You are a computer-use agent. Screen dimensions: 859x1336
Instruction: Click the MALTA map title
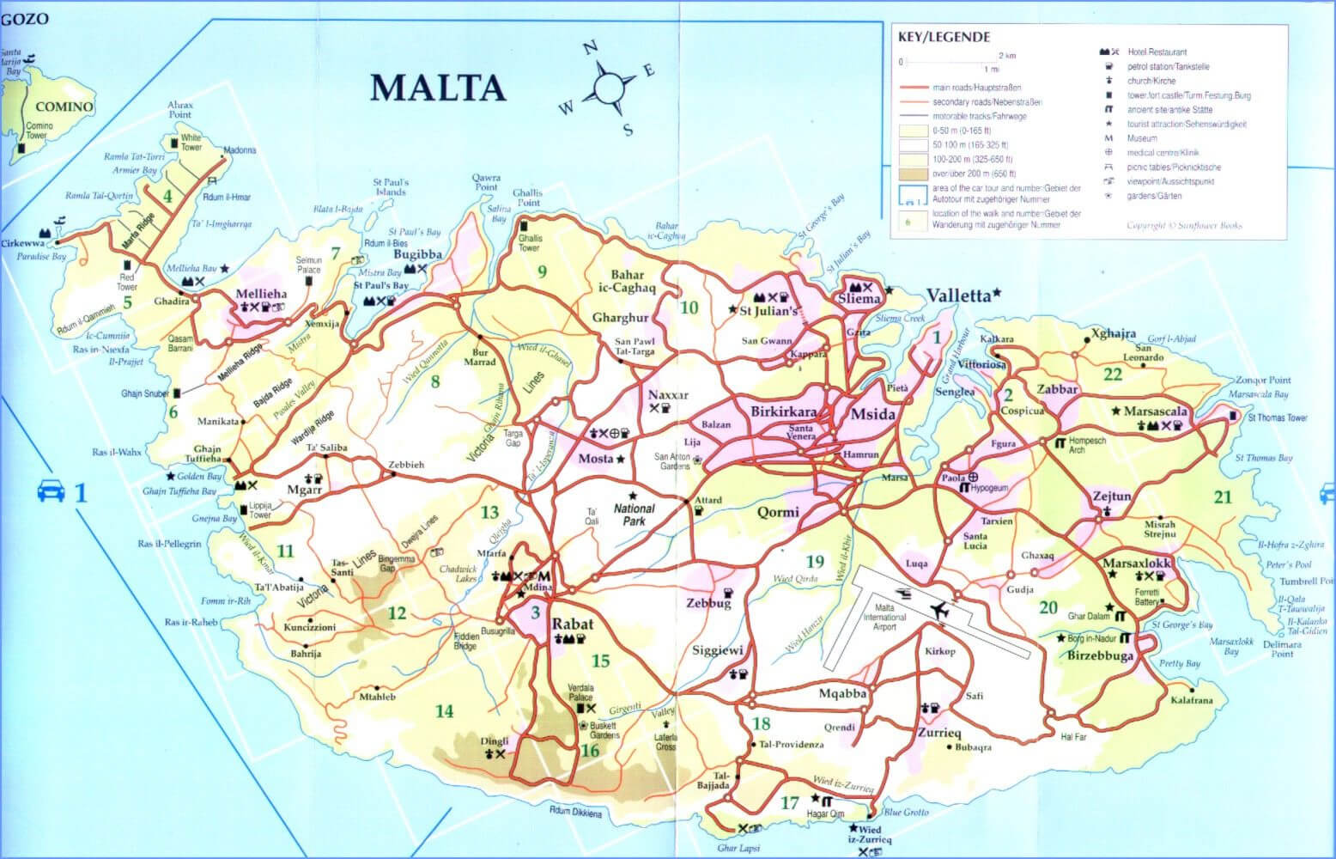436,88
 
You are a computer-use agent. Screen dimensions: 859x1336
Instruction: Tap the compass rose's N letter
590,49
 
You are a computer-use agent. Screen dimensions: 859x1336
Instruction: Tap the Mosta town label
596,459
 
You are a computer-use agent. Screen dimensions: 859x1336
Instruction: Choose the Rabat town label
572,624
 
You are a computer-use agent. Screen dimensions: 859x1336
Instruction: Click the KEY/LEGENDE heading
944,37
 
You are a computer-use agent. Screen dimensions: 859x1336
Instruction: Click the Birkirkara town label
783,411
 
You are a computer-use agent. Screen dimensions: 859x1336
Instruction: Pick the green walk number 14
443,710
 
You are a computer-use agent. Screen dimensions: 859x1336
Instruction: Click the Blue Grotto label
903,812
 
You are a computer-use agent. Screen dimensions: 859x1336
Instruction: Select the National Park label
634,514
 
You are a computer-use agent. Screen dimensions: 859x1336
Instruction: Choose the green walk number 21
1223,497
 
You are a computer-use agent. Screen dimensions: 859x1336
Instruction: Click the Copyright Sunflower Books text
1184,227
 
